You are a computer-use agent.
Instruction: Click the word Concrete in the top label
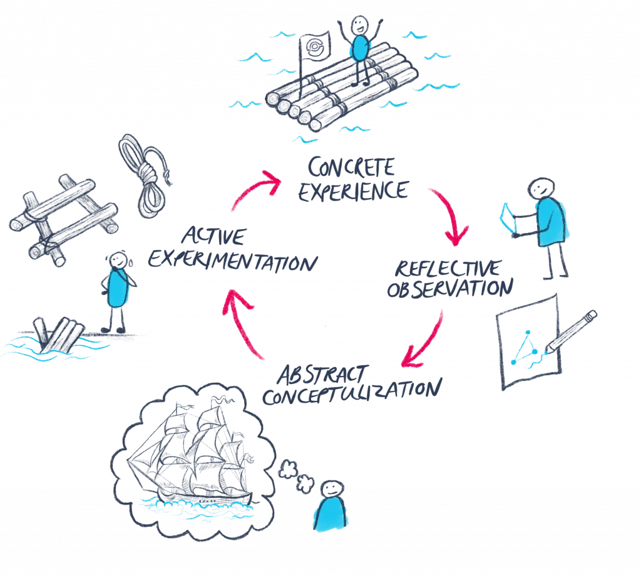pos(351,168)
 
